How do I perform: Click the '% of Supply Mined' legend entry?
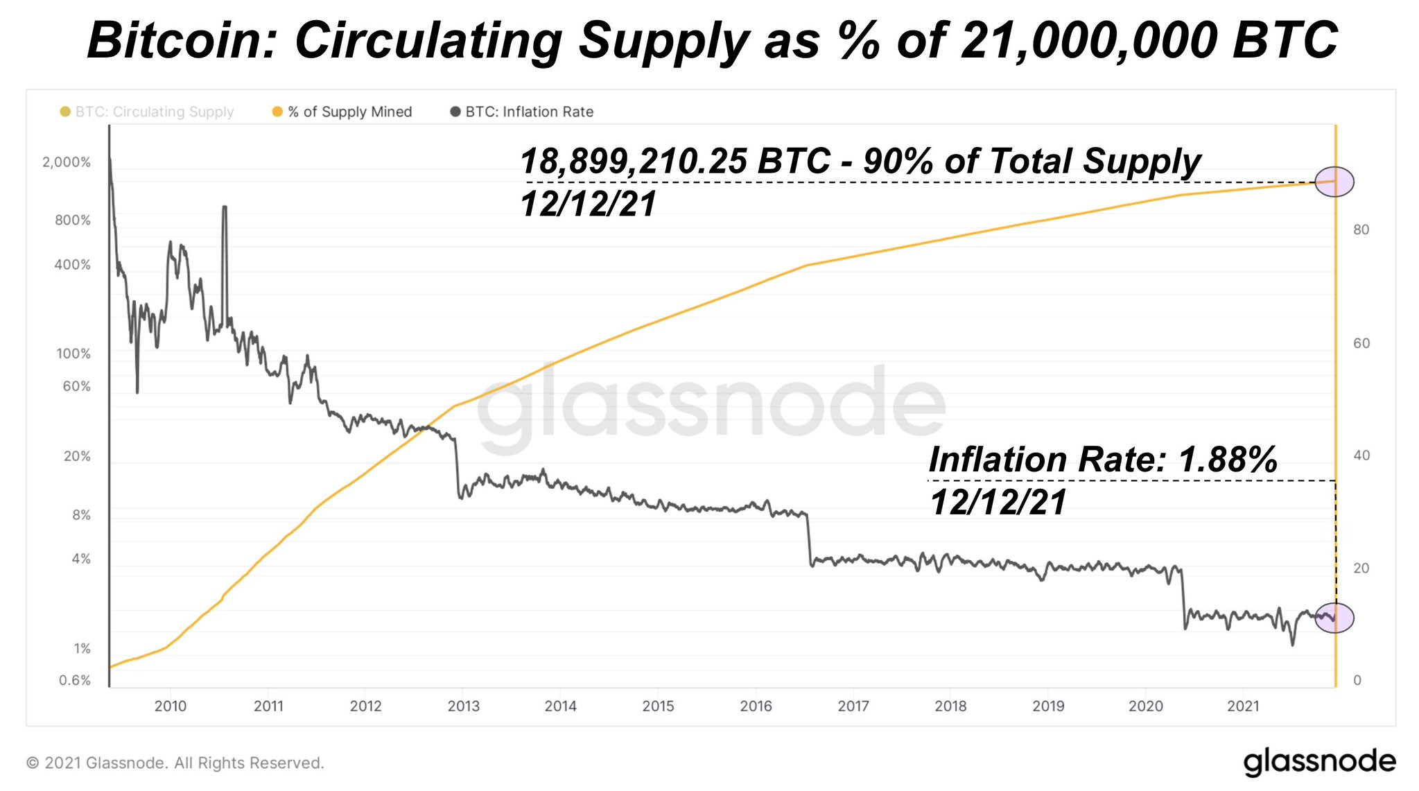click(342, 112)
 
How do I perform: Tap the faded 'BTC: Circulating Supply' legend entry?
click(148, 112)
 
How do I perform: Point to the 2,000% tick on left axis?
click(67, 162)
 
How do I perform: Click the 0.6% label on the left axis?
click(75, 680)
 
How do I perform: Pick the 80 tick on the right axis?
click(1361, 229)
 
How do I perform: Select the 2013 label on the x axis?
click(464, 706)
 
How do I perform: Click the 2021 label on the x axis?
click(1243, 706)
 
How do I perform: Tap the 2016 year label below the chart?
click(756, 706)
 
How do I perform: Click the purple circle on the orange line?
click(1334, 182)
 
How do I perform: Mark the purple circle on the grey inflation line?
click(1334, 618)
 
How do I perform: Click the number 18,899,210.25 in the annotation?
click(634, 161)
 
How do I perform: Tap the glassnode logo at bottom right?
click(1319, 761)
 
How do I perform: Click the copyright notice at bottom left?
click(175, 763)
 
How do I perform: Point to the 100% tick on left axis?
click(73, 354)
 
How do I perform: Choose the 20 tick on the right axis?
click(1361, 568)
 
